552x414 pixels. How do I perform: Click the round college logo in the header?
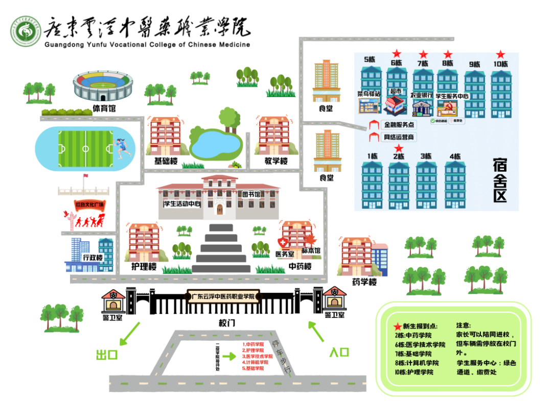tap(26, 32)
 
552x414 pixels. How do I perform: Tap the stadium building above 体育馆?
tap(103, 86)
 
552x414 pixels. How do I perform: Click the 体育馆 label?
tap(104, 108)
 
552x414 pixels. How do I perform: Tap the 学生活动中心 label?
tap(181, 203)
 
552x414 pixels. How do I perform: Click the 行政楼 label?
tap(93, 257)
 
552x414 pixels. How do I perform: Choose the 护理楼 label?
tap(144, 267)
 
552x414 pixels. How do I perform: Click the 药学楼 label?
tap(364, 282)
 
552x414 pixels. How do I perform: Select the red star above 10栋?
tap(501, 54)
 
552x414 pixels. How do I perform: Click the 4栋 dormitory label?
tap(455, 156)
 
